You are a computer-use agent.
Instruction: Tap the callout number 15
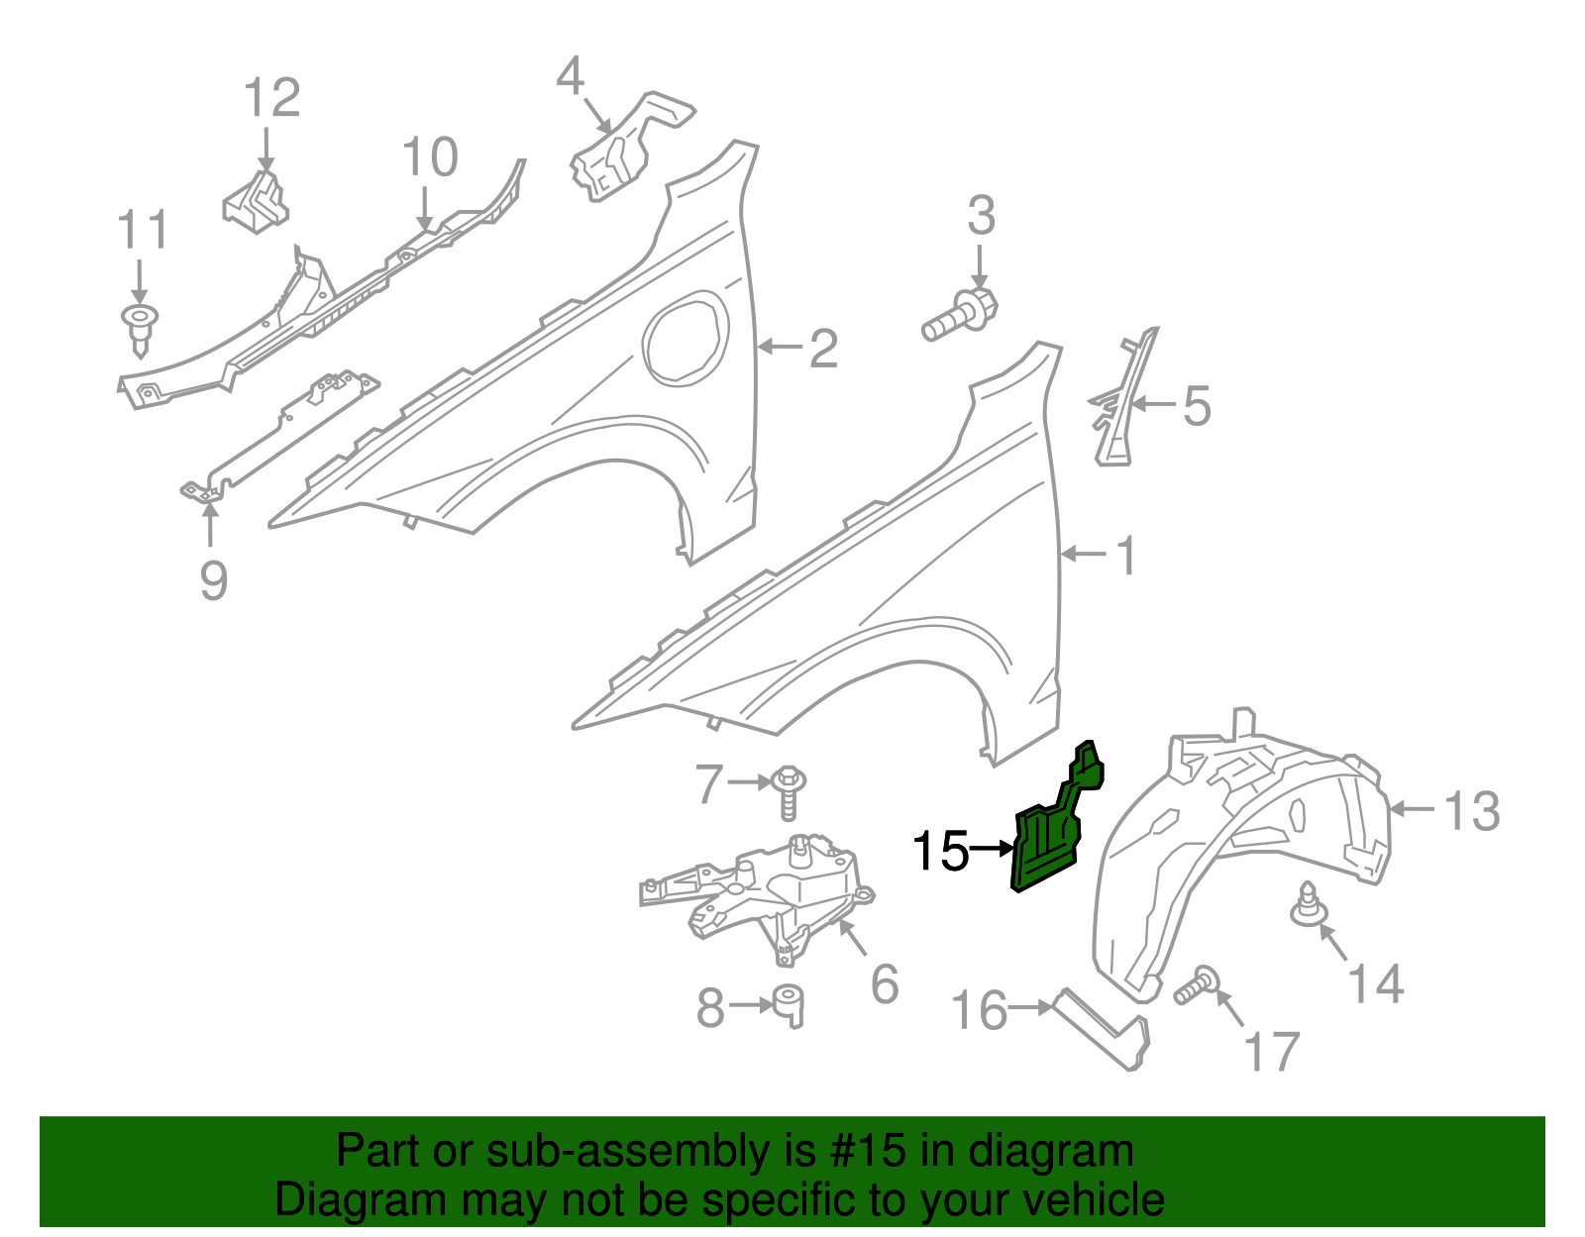pyautogui.click(x=940, y=851)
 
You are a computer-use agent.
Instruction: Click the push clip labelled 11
pyautogui.click(x=140, y=326)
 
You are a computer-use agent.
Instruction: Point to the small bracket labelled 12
pyautogui.click(x=257, y=202)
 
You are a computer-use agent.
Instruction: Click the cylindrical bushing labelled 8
pyautogui.click(x=790, y=1004)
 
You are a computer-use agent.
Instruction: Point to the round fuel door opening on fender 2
pyautogui.click(x=686, y=338)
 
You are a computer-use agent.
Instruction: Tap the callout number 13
pyautogui.click(x=1472, y=810)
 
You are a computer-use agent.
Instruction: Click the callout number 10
pyautogui.click(x=430, y=157)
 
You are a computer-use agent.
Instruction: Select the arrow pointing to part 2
pyautogui.click(x=781, y=347)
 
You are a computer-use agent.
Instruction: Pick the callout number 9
pyautogui.click(x=213, y=580)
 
